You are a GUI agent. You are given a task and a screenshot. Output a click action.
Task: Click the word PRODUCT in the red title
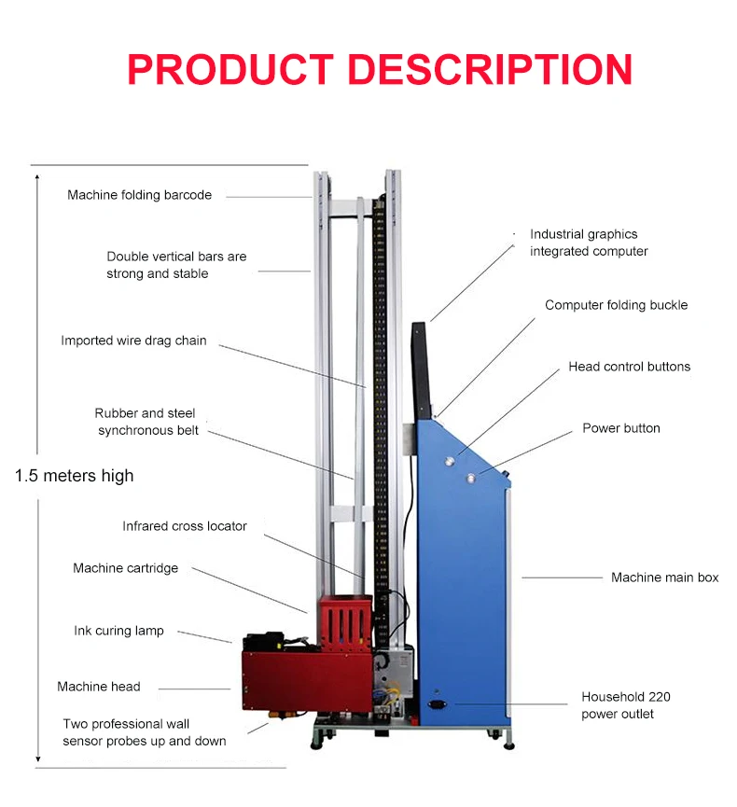coord(229,70)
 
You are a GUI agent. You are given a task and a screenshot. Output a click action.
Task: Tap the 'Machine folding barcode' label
coord(139,195)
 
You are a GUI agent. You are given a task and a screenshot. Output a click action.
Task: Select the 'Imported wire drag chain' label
coord(133,341)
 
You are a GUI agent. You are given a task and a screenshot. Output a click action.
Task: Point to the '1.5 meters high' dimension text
coord(75,476)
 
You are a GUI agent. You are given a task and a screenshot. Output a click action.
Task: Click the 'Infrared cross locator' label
coord(185,526)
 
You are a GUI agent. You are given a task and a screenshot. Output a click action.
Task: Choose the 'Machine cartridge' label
coord(125,568)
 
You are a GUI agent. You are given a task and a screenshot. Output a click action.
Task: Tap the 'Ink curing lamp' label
coord(118,631)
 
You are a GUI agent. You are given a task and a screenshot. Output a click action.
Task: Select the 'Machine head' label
coord(98,687)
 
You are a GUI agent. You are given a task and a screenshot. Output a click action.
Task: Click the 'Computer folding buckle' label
coord(616,305)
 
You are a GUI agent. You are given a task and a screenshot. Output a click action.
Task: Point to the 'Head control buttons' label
coord(629,367)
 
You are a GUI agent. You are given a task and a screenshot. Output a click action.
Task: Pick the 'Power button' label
coord(620,428)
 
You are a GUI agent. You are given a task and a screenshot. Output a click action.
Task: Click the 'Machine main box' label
coord(664,577)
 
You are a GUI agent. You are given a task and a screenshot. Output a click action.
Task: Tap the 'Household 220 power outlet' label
coord(625,705)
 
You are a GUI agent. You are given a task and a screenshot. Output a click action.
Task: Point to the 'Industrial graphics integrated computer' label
coord(588,243)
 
